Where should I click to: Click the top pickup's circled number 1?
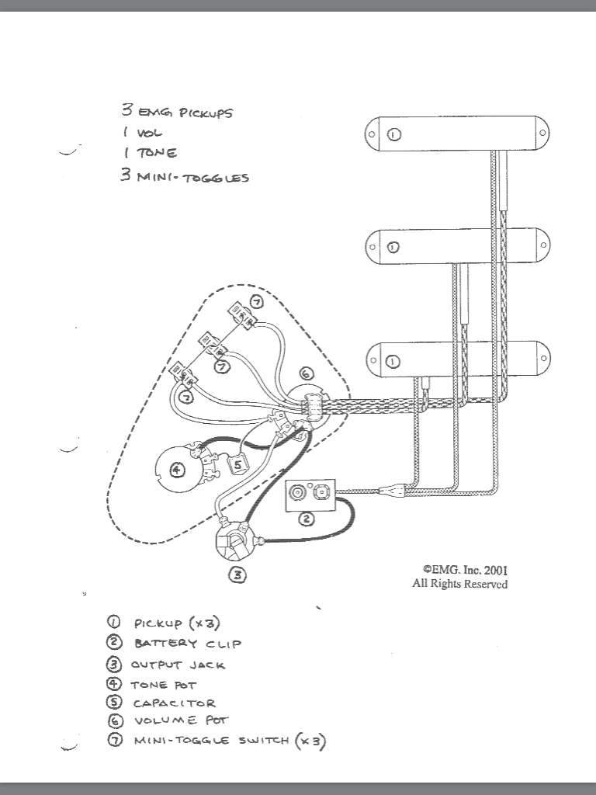pyautogui.click(x=394, y=134)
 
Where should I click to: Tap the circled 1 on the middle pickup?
pyautogui.click(x=393, y=248)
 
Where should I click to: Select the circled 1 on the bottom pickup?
pyautogui.click(x=393, y=362)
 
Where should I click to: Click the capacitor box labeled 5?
pyautogui.click(x=237, y=463)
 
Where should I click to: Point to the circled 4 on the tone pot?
pyautogui.click(x=176, y=470)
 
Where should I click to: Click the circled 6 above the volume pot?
pyautogui.click(x=306, y=373)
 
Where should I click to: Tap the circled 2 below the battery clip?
pyautogui.click(x=306, y=519)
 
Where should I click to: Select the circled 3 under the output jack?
pyautogui.click(x=237, y=575)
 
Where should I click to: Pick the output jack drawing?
pyautogui.click(x=234, y=540)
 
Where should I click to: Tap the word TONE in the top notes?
pyautogui.click(x=157, y=153)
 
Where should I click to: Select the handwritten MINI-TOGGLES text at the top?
pyautogui.click(x=193, y=178)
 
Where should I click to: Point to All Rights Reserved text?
pyautogui.click(x=459, y=584)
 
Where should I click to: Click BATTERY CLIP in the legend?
pyautogui.click(x=188, y=644)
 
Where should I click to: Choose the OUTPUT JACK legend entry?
pyautogui.click(x=178, y=665)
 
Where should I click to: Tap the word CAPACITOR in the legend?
pyautogui.click(x=175, y=703)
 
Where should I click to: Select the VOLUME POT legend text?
pyautogui.click(x=181, y=720)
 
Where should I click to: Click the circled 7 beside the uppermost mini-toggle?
pyautogui.click(x=256, y=302)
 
